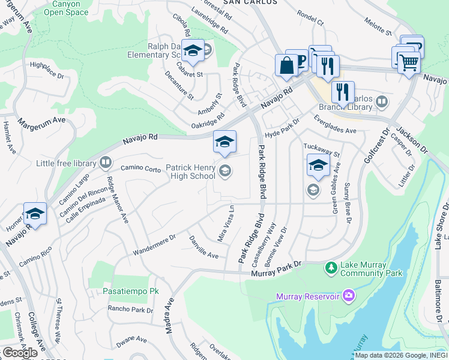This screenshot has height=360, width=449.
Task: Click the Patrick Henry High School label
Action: (x=190, y=172)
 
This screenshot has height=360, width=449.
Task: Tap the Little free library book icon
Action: (x=106, y=162)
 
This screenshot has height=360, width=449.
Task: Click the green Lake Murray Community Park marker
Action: (x=331, y=268)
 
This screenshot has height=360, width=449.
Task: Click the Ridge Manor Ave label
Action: (x=118, y=199)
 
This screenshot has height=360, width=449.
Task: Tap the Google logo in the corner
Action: (x=20, y=353)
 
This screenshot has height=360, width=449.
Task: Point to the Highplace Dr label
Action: (x=47, y=70)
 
